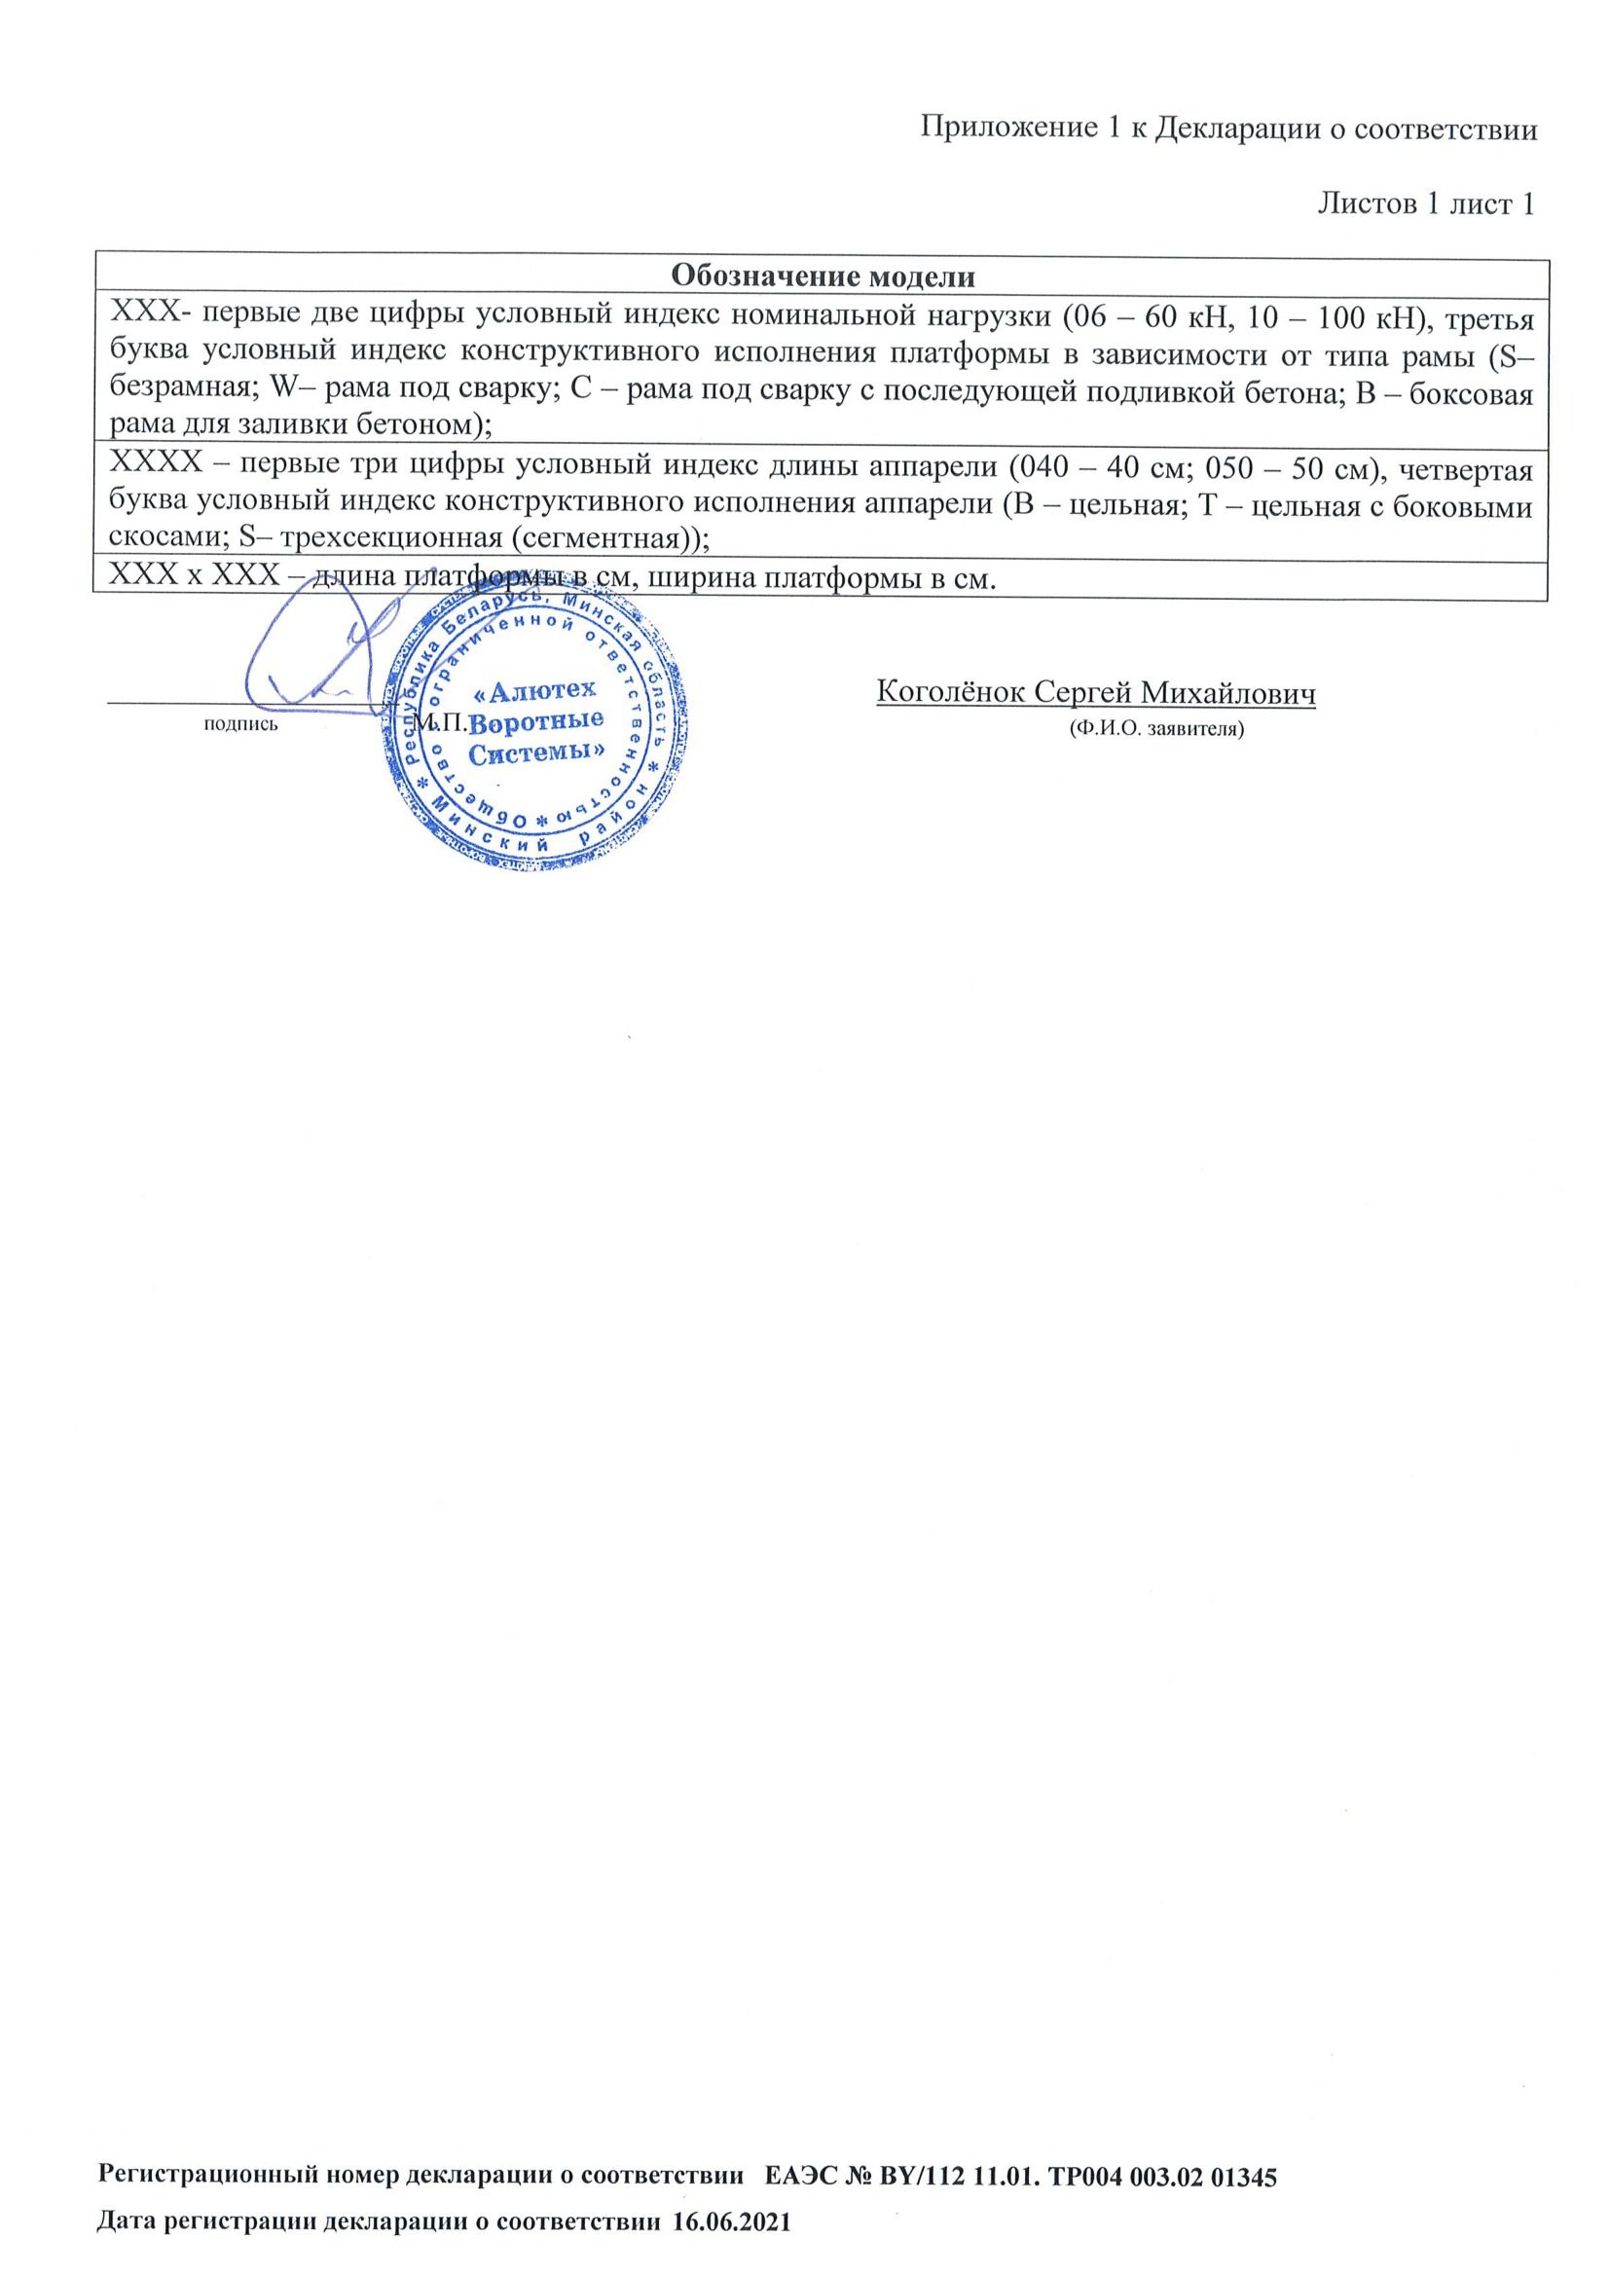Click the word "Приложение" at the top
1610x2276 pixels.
click(x=1007, y=128)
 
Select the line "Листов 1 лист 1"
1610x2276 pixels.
click(x=1425, y=203)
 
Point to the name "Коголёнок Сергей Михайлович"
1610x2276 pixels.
click(x=1095, y=692)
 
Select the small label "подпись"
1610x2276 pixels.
click(x=240, y=724)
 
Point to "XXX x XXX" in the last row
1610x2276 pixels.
click(x=195, y=576)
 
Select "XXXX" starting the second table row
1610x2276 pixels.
click(x=156, y=463)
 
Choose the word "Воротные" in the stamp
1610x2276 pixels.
click(x=536, y=720)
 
